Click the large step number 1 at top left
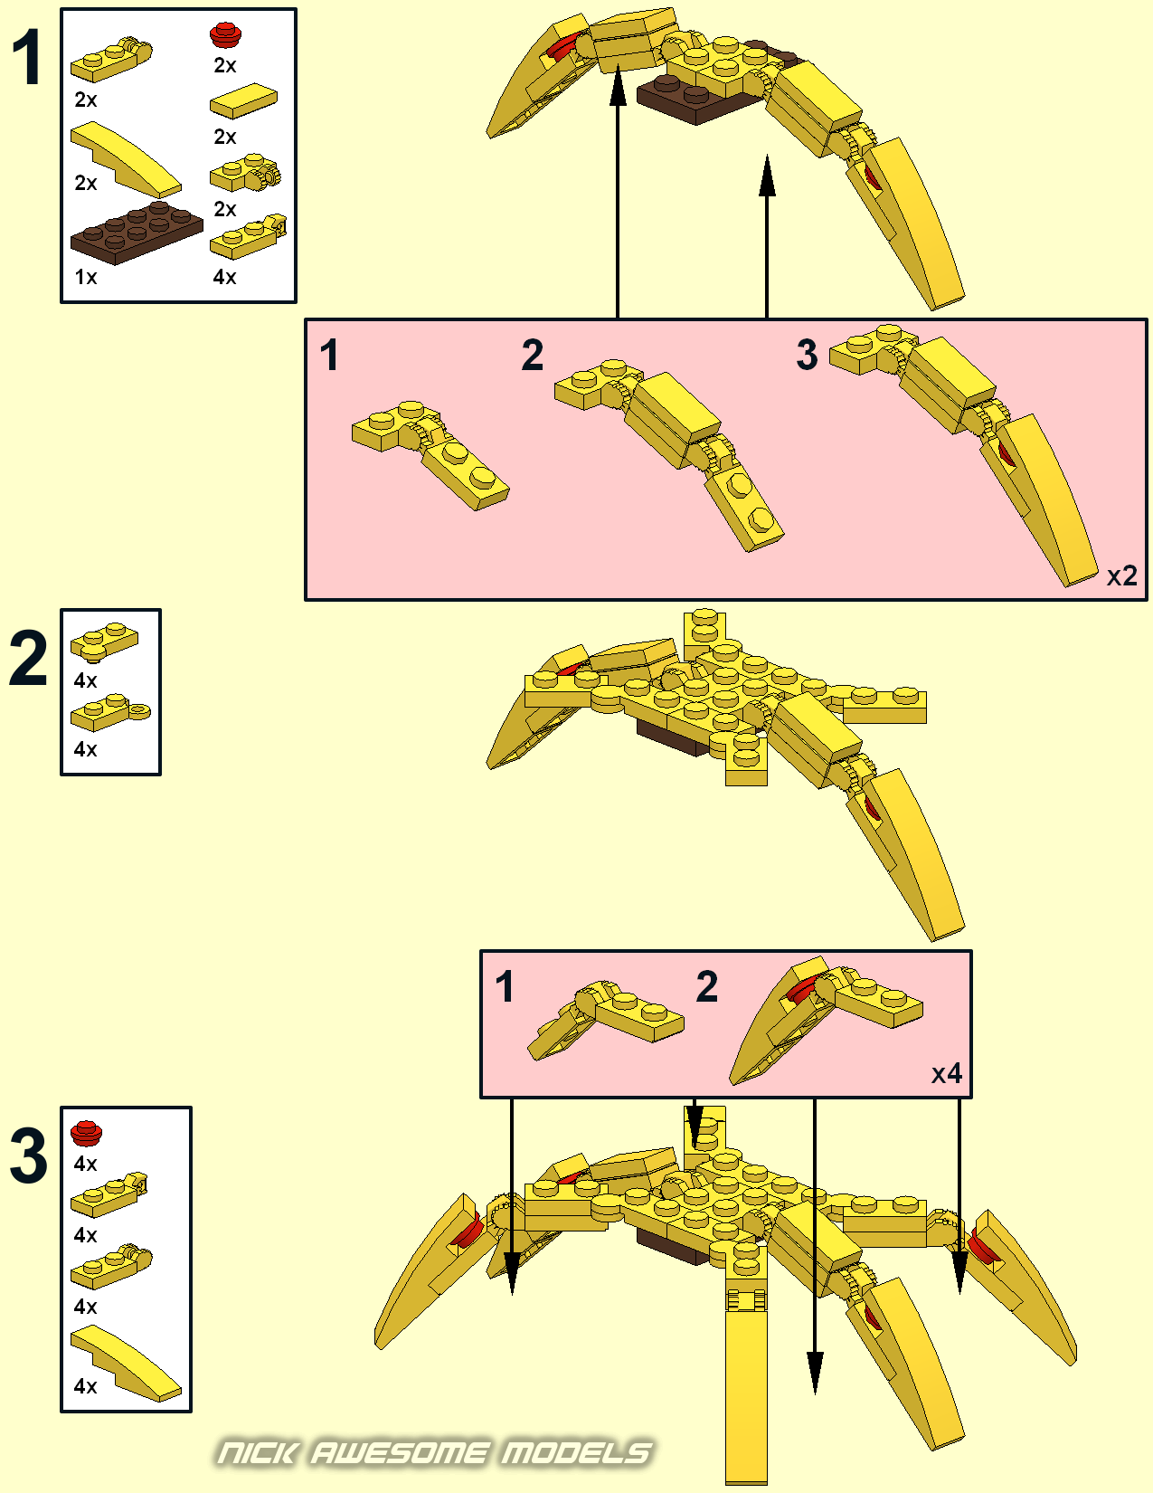(x=27, y=58)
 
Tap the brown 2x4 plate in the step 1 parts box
(x=137, y=233)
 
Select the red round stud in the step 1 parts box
(x=225, y=34)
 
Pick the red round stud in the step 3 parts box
(x=87, y=1133)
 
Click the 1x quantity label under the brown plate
(x=86, y=277)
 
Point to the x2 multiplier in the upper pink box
(x=1121, y=575)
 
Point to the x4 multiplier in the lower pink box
(x=946, y=1073)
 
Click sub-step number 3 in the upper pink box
(x=808, y=356)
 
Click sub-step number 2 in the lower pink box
(x=706, y=986)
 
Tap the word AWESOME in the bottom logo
(x=400, y=1453)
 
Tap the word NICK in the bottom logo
(x=259, y=1453)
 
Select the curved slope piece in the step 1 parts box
(x=126, y=159)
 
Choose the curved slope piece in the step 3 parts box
(x=126, y=1363)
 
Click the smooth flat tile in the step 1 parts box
(x=244, y=100)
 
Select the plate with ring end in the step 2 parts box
(x=110, y=712)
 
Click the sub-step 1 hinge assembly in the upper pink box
(x=430, y=455)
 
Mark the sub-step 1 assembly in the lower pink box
(x=605, y=1021)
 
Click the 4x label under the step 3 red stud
(x=86, y=1164)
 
